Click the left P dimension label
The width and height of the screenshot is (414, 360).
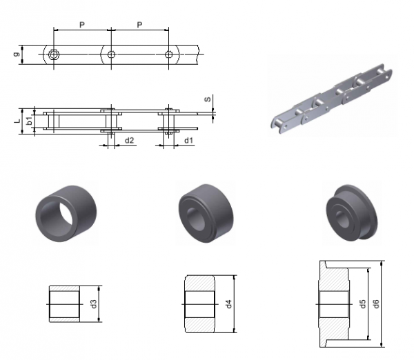82,25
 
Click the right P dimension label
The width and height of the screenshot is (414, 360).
139,25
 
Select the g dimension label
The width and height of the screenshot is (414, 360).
17,54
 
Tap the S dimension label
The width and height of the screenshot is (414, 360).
208,99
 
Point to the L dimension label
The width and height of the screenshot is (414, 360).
17,121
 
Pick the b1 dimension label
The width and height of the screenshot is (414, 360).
30,121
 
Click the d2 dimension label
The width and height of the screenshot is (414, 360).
130,141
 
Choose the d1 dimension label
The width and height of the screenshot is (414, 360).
188,141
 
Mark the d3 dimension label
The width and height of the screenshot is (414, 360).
94,303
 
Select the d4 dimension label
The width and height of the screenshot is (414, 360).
228,303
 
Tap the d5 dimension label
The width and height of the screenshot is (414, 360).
363,303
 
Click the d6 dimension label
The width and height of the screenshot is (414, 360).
377,303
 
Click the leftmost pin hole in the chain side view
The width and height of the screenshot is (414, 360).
54,54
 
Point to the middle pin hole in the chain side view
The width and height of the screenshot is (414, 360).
111,54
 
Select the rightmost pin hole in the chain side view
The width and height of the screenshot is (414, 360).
168,54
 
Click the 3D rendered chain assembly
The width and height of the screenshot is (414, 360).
332,99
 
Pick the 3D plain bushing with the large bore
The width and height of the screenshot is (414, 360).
66,213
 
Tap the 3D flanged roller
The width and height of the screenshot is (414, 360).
352,212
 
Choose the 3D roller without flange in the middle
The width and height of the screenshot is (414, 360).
206,213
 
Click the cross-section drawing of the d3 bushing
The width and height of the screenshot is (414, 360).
64,304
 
